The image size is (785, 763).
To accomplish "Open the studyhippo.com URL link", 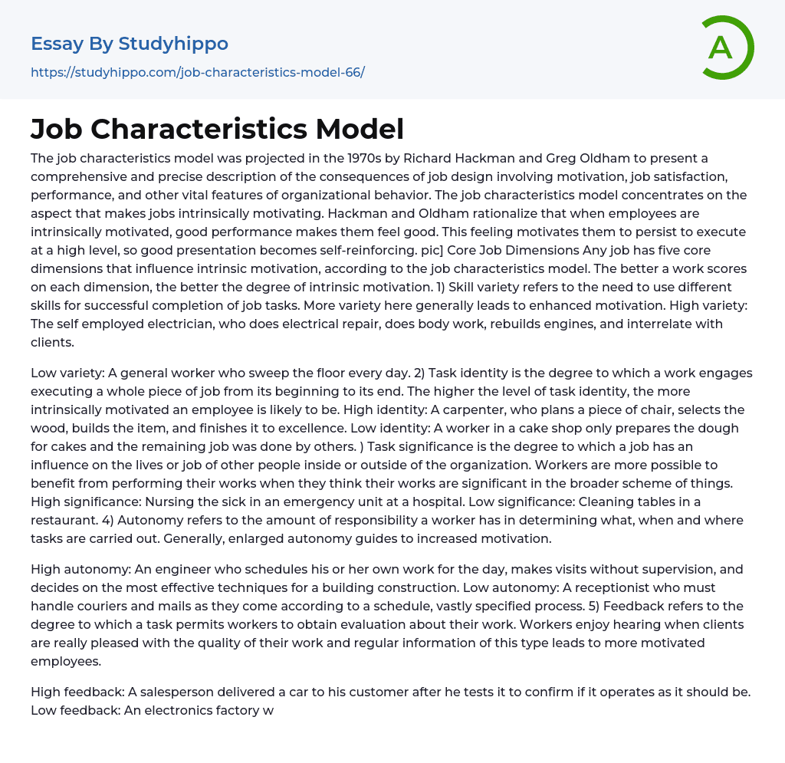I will click(x=198, y=73).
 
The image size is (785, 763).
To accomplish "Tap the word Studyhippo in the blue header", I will click(x=173, y=44).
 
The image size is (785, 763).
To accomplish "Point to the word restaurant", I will click(x=64, y=520).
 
